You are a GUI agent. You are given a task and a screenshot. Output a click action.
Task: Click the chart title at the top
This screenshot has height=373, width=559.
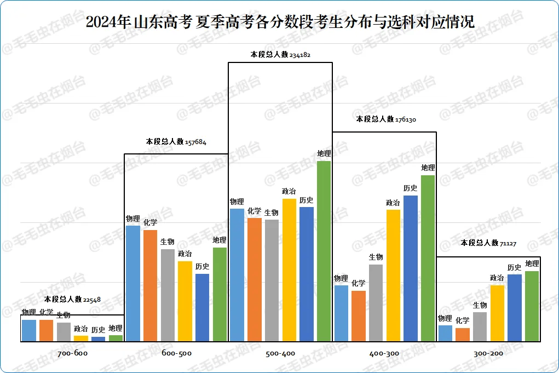click(280, 22)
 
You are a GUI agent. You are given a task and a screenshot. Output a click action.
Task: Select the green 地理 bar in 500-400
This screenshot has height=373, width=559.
click(324, 251)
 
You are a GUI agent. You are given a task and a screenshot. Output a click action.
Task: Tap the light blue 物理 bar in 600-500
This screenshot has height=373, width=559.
click(133, 284)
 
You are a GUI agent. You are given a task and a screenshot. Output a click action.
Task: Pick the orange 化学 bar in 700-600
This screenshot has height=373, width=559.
click(47, 331)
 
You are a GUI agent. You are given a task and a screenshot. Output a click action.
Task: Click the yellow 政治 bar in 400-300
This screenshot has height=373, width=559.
click(393, 276)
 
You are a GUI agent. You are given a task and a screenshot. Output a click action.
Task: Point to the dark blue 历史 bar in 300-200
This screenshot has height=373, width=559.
click(515, 308)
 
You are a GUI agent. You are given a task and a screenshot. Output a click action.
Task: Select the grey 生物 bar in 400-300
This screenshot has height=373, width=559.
click(376, 303)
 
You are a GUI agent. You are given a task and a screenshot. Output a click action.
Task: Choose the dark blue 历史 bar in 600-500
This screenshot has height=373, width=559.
click(202, 308)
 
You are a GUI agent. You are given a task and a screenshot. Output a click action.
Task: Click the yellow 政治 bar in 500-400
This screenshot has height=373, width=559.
click(289, 270)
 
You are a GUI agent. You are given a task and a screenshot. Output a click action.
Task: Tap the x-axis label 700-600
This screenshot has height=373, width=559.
click(72, 353)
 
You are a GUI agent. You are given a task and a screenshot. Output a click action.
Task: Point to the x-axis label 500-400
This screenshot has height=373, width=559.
click(280, 353)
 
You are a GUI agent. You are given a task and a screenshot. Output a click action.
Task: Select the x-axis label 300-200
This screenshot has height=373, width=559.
click(488, 353)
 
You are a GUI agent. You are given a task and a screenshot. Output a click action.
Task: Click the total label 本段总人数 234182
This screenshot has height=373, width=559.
click(280, 55)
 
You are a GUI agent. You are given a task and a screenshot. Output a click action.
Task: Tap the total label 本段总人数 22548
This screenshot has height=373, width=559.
click(72, 299)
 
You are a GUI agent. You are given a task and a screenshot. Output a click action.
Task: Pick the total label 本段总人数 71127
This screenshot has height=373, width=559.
click(488, 243)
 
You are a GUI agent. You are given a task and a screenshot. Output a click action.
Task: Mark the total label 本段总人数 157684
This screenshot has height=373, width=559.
click(176, 141)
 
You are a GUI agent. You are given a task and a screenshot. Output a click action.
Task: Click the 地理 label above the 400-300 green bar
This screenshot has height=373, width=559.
click(428, 168)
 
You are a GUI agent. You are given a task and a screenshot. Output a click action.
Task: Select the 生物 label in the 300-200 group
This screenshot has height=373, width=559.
click(480, 305)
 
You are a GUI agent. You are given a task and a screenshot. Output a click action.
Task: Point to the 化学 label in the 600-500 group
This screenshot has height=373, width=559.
click(151, 222)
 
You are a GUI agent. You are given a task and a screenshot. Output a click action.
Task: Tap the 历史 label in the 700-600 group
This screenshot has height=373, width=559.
click(98, 330)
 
